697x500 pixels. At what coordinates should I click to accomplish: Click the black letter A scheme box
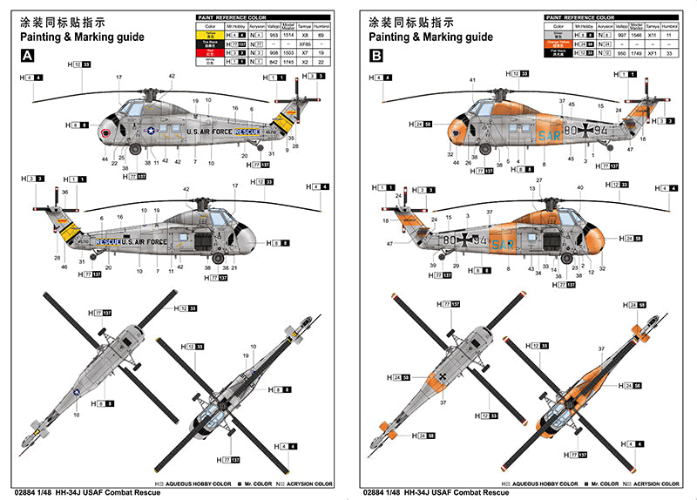click(x=27, y=55)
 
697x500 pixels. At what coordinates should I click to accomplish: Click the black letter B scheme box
click(x=376, y=55)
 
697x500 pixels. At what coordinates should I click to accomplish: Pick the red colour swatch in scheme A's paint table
click(x=209, y=53)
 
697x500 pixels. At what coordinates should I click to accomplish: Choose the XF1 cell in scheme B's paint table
click(x=653, y=53)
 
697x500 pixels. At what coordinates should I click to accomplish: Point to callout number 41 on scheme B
click(x=472, y=80)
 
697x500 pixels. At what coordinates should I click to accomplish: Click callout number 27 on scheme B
click(x=539, y=180)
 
